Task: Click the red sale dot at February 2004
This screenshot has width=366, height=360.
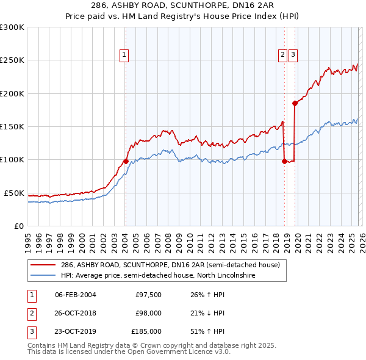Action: [x=125, y=161]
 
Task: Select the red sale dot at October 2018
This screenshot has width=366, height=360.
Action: [x=284, y=161]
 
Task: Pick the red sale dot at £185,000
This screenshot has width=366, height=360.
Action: [x=295, y=103]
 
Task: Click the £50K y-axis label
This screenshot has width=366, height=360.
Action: [x=14, y=193]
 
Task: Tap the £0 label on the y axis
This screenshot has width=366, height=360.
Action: [x=18, y=226]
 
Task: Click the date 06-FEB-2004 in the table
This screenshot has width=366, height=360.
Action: [x=75, y=295]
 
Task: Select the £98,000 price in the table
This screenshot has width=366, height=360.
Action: [x=148, y=313]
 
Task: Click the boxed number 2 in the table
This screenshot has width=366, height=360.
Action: [x=30, y=313]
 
